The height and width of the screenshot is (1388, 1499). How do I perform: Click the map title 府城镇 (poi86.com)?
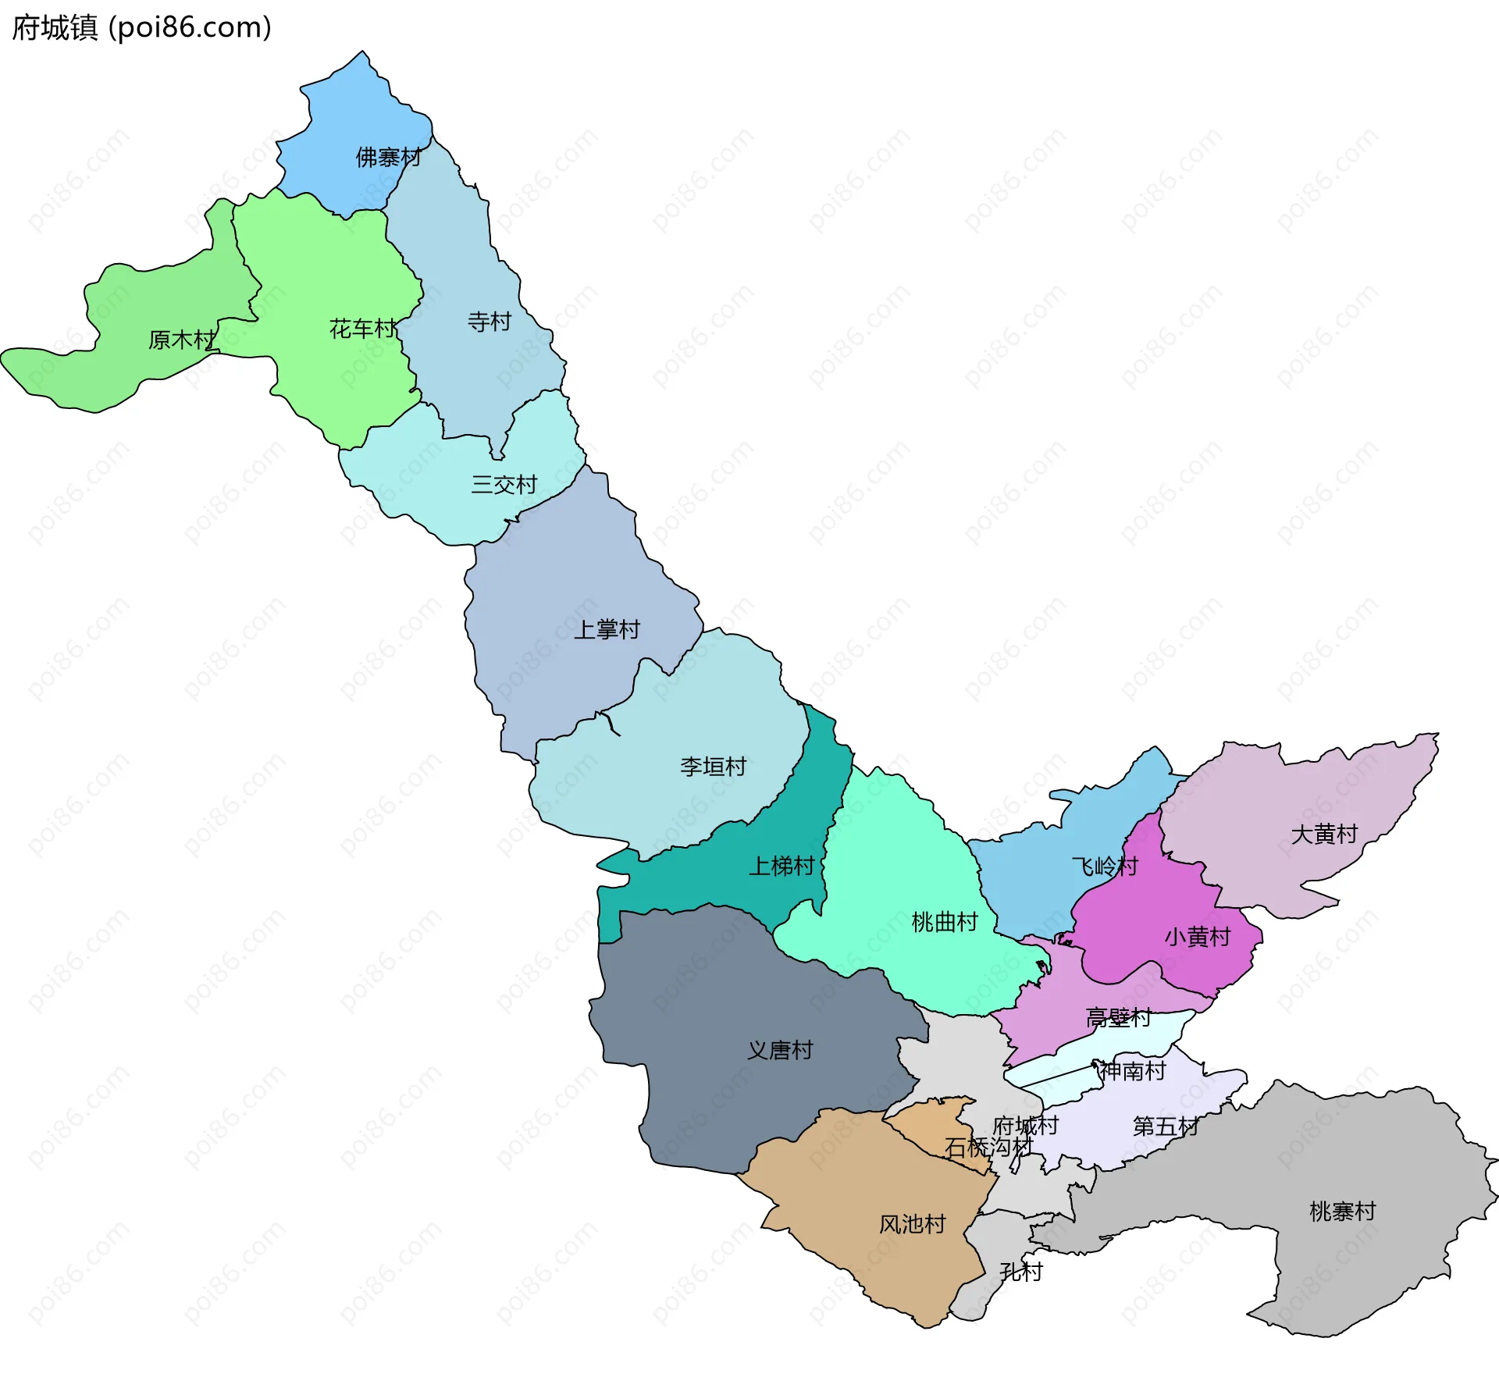pos(141,28)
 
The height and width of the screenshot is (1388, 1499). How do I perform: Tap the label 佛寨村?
pos(388,158)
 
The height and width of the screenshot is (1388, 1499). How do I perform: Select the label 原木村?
pos(181,340)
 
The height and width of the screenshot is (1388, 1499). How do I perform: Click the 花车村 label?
pos(362,329)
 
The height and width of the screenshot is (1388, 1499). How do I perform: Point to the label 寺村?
pos(489,322)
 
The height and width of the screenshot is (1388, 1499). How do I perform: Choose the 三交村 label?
pos(504,486)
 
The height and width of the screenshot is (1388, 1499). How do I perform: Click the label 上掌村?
pos(607,630)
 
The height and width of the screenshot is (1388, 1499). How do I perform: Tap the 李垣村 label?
pos(713,767)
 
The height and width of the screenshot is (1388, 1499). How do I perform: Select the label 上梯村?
pos(781,867)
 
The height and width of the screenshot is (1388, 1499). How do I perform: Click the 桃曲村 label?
pos(944,923)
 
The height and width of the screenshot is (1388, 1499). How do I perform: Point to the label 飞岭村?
pos(1104,867)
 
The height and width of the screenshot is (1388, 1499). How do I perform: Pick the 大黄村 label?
pos(1324,835)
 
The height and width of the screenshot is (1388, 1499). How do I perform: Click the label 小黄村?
pos(1197,937)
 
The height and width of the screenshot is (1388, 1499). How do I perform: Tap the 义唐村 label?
pos(779,1051)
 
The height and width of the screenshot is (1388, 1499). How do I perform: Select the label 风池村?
pos(912,1224)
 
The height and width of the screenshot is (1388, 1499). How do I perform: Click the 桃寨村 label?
pos(1342,1212)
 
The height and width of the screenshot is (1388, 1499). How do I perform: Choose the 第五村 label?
pos(1165,1126)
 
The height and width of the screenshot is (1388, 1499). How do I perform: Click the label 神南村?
pos(1132,1071)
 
